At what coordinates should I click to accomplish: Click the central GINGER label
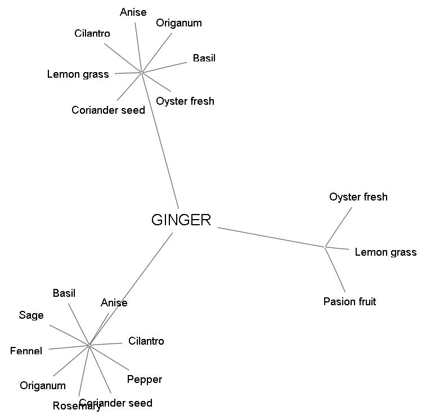pyautogui.click(x=181, y=220)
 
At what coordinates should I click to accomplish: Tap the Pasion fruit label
pyautogui.click(x=349, y=302)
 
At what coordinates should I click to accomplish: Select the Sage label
pyautogui.click(x=31, y=315)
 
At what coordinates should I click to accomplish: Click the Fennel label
pyautogui.click(x=26, y=351)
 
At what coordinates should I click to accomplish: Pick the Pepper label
pyautogui.click(x=145, y=380)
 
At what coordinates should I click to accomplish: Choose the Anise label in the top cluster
pyautogui.click(x=133, y=12)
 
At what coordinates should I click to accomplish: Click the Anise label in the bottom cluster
pyautogui.click(x=114, y=303)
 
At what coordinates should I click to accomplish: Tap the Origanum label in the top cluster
pyautogui.click(x=178, y=23)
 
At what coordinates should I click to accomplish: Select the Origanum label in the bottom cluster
pyautogui.click(x=43, y=386)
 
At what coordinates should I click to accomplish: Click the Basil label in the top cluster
pyautogui.click(x=204, y=58)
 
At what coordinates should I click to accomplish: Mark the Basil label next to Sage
pyautogui.click(x=64, y=293)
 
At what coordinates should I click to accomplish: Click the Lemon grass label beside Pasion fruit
pyautogui.click(x=385, y=252)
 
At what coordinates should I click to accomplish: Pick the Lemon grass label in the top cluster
pyautogui.click(x=78, y=74)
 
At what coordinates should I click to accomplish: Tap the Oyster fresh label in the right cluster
pyautogui.click(x=358, y=197)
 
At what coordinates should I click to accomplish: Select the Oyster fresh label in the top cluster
pyautogui.click(x=185, y=101)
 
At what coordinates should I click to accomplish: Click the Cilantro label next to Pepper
pyautogui.click(x=146, y=341)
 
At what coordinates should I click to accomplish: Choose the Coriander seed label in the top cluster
pyautogui.click(x=108, y=110)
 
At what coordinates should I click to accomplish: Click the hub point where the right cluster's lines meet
pyautogui.click(x=326, y=247)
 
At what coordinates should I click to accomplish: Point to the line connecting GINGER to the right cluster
pyautogui.click(x=270, y=237)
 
